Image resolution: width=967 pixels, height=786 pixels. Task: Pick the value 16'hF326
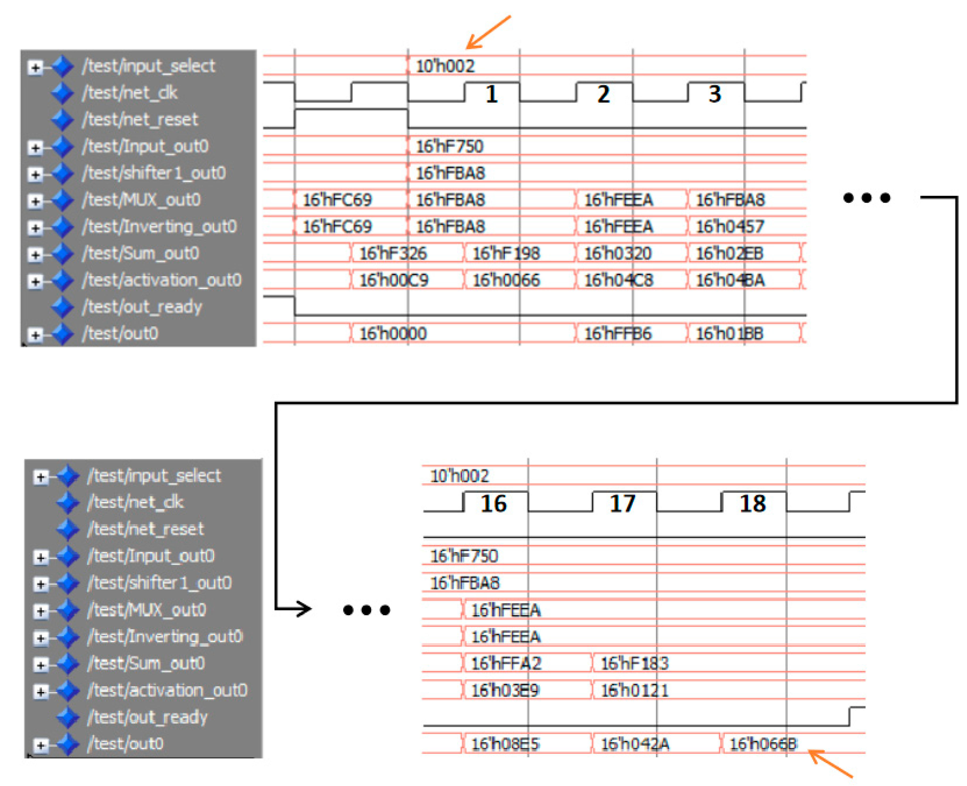coord(393,253)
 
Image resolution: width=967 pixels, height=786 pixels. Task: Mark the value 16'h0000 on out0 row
coord(393,334)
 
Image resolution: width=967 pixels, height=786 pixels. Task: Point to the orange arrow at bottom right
coord(830,764)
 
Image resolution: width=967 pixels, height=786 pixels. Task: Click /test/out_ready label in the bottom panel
coord(147,717)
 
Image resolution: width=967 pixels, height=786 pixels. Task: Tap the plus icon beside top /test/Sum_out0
coord(35,255)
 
